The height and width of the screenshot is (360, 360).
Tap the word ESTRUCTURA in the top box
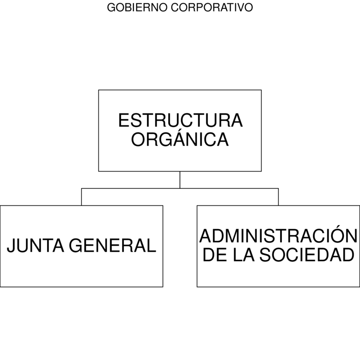tap(180, 121)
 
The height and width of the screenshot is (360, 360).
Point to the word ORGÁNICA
tap(180, 140)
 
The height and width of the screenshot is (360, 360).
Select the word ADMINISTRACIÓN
tap(278, 236)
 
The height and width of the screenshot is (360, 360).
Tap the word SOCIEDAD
tap(307, 255)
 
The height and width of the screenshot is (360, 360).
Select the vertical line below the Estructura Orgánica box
tap(180, 180)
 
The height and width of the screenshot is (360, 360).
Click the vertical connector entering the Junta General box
tap(82, 197)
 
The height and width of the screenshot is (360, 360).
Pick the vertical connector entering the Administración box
tap(278, 197)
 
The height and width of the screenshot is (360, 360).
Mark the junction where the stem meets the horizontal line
tap(180, 188)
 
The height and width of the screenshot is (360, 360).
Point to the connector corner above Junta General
tap(82, 188)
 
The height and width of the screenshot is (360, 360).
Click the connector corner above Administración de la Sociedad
tap(278, 188)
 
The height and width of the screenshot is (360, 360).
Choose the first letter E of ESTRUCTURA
tap(124, 121)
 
